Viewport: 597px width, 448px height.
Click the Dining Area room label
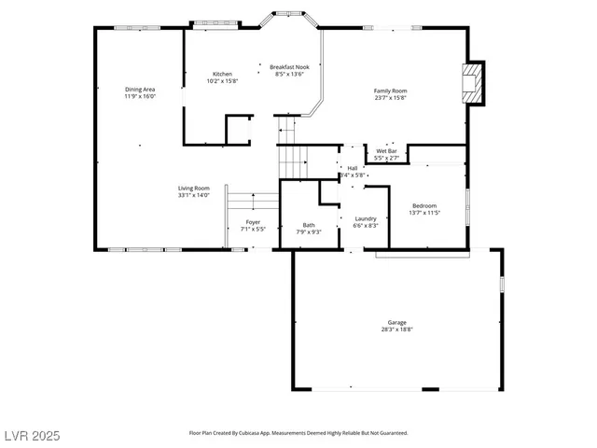[140, 90]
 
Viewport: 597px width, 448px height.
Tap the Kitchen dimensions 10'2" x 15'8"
[222, 81]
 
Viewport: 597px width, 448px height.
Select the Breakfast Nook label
[289, 66]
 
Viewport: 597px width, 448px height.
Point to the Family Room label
[391, 91]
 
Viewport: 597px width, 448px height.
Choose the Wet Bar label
[386, 151]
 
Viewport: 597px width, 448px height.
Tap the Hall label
[353, 168]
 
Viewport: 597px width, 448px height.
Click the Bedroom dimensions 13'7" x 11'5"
[424, 213]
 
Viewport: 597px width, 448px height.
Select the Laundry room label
[365, 218]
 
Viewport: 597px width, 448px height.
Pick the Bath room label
[308, 225]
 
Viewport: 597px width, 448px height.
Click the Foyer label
[253, 222]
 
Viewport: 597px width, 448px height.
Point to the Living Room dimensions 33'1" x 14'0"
[194, 195]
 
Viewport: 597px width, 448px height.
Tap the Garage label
[396, 322]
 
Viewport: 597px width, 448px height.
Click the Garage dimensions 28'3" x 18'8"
[396, 329]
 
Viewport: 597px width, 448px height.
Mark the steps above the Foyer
[252, 202]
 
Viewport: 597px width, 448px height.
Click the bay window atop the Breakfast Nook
[288, 16]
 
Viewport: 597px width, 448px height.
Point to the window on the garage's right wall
[501, 282]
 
